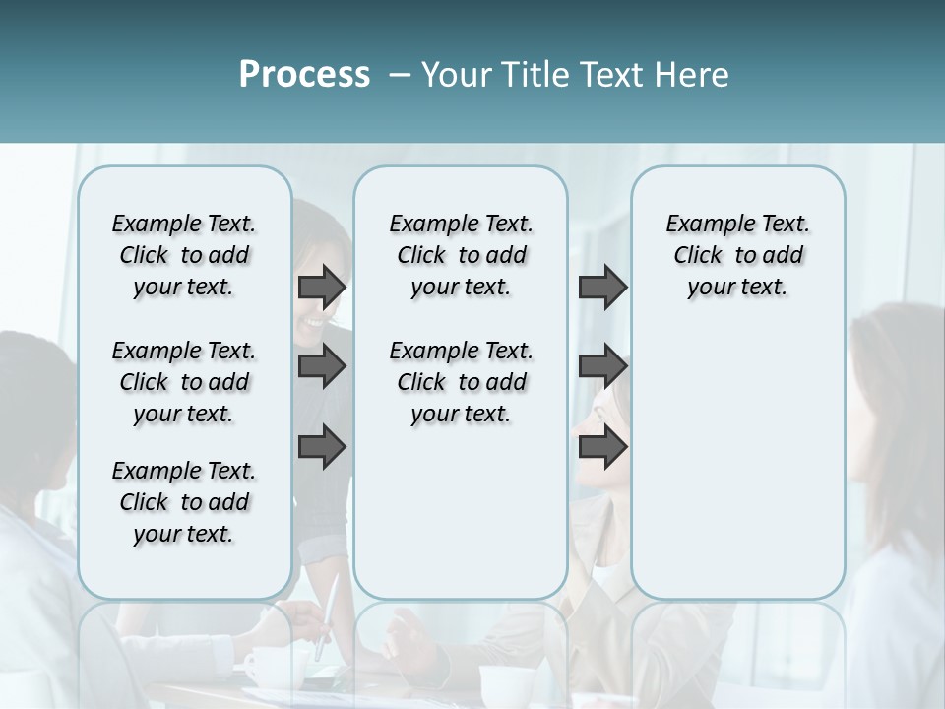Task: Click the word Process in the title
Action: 304,75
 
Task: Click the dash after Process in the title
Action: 400,76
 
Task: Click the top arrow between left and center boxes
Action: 322,287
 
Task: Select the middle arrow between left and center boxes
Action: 322,366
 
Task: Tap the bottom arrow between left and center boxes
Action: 322,447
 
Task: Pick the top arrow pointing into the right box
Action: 602,287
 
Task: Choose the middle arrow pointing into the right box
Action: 602,366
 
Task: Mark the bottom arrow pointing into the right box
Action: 602,447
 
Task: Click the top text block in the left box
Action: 184,255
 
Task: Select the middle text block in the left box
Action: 184,382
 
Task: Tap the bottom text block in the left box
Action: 184,502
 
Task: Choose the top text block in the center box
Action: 461,255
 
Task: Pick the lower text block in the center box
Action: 461,382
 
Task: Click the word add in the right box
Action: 782,255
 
